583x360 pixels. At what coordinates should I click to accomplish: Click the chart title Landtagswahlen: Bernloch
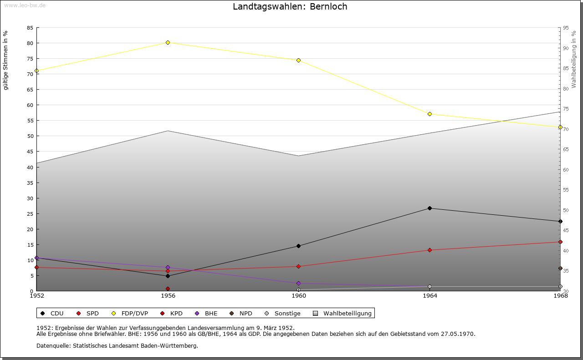coord(290,7)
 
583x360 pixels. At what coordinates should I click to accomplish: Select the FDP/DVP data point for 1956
coord(168,42)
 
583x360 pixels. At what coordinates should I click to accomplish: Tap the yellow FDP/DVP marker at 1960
coord(298,60)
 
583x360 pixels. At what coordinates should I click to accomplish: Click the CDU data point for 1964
coord(430,208)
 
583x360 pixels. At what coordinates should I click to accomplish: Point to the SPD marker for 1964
coord(430,250)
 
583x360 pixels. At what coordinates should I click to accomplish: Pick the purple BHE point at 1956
coord(168,267)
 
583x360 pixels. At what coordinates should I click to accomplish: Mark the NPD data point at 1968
coord(560,268)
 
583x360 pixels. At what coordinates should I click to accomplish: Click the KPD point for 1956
coord(168,289)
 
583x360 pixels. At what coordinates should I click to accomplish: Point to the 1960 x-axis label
coord(298,296)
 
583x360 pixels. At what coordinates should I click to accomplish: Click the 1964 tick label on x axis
coord(430,296)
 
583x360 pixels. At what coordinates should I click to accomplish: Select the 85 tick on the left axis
coord(30,28)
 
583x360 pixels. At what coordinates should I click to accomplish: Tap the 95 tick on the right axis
coord(566,28)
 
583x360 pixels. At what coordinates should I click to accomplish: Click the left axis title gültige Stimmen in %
coord(6,60)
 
